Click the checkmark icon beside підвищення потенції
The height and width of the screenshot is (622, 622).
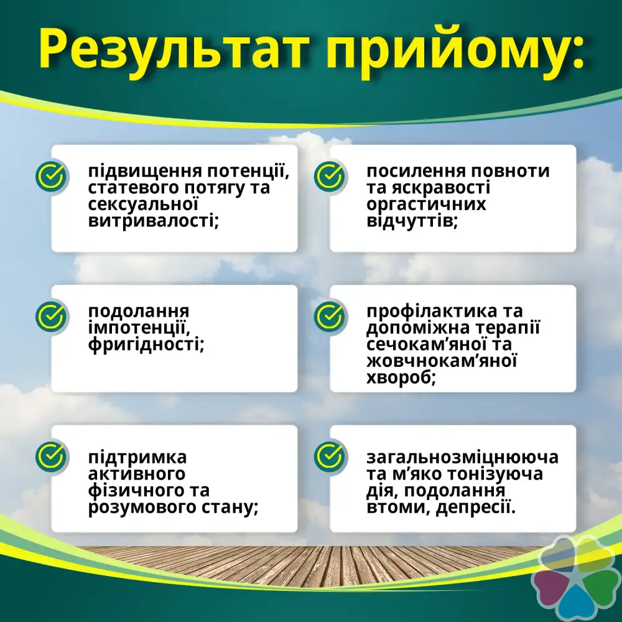click(51, 176)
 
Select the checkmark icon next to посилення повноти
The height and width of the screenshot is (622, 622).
click(329, 176)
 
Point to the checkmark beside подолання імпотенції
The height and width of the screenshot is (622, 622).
click(51, 316)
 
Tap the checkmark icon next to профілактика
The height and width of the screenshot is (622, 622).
click(329, 316)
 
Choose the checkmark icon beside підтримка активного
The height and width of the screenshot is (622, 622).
click(51, 456)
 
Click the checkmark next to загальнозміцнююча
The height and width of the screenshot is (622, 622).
click(329, 456)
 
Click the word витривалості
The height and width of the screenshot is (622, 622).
click(154, 220)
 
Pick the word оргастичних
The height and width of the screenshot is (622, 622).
click(426, 204)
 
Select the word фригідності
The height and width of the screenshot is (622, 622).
click(146, 345)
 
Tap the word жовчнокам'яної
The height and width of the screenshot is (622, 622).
click(442, 361)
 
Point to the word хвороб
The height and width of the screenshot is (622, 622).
click(401, 378)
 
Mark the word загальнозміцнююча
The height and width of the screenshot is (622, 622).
click(462, 457)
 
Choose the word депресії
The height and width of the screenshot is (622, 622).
click(476, 508)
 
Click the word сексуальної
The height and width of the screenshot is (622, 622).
click(143, 204)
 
